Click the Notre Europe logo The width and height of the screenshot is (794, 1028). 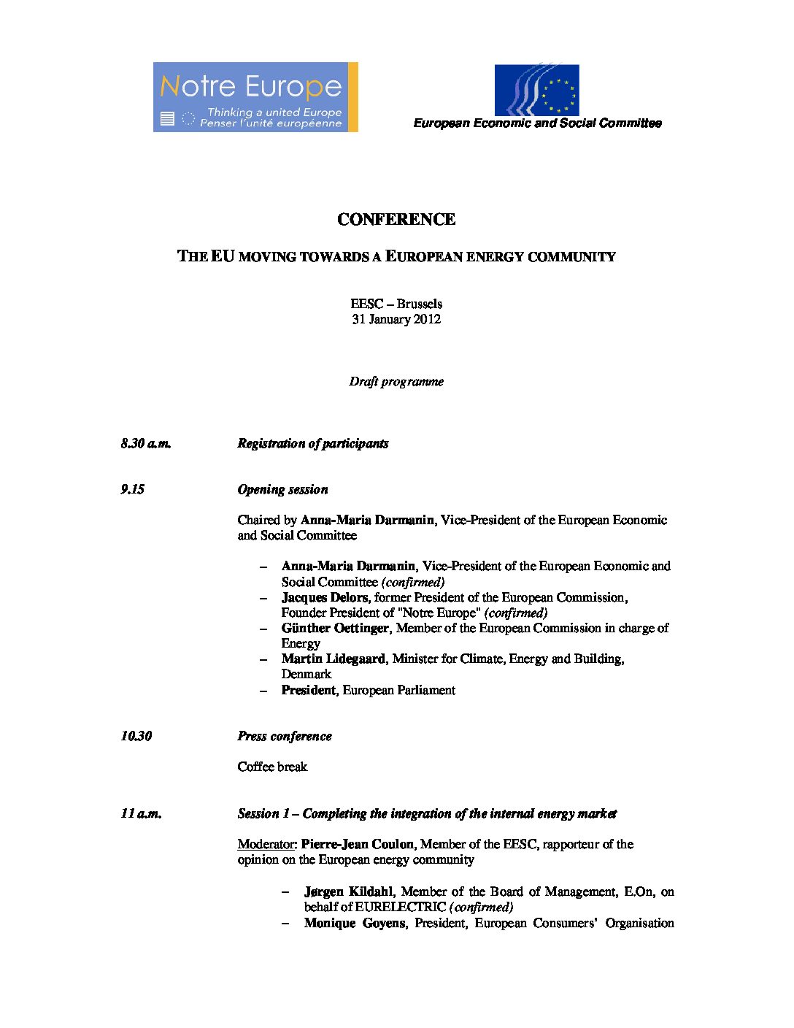point(255,97)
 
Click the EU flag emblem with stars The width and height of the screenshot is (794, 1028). point(536,91)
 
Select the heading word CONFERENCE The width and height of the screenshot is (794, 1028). point(396,220)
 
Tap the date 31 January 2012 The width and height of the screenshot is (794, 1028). point(396,319)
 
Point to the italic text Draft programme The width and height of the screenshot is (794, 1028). point(396,381)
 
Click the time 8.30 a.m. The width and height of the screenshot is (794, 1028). point(146,443)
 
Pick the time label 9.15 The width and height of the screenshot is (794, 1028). point(133,489)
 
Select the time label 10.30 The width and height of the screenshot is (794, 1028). point(136,736)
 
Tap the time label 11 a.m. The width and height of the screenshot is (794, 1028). point(142,813)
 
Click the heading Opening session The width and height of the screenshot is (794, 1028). point(282,489)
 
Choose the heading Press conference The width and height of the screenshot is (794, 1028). point(285,736)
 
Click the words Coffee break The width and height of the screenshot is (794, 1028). point(272,767)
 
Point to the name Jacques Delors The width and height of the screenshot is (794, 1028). point(325,597)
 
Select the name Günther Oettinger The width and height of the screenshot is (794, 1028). point(336,628)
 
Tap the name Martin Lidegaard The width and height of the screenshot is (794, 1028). point(334,659)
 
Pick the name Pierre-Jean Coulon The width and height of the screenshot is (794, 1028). point(358,844)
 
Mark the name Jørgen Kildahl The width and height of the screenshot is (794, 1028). point(350,891)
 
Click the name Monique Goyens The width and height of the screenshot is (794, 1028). point(355,923)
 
